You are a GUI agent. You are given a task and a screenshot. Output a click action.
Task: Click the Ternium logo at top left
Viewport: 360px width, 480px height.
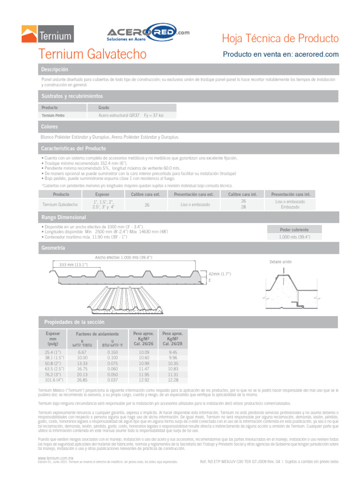click(47, 34)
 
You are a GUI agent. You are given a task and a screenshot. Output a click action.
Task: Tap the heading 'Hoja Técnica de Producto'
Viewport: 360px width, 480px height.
click(279, 38)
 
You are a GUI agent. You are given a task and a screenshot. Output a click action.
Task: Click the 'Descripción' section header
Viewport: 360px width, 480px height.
click(55, 70)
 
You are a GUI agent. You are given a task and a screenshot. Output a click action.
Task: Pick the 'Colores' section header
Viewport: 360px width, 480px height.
click(50, 127)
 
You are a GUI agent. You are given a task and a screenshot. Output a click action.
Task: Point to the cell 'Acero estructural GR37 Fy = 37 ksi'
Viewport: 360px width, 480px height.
click(131, 115)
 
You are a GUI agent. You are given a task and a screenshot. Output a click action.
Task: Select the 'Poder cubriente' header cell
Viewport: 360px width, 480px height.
click(294, 230)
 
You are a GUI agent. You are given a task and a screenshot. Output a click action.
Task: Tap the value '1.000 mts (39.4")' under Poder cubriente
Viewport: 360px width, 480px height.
click(294, 237)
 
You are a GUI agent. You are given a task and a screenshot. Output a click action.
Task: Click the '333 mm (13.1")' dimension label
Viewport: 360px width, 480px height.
click(74, 265)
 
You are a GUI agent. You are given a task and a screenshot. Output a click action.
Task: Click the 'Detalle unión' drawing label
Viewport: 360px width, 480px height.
click(281, 262)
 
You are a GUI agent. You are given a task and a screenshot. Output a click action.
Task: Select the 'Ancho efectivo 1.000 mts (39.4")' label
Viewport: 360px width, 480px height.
click(124, 257)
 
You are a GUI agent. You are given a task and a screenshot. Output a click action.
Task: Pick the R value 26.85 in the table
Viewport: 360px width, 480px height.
click(82, 380)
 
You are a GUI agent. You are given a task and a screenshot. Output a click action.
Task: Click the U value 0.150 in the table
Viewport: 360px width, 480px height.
click(112, 352)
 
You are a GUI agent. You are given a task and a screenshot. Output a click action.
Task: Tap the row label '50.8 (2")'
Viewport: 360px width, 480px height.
click(52, 363)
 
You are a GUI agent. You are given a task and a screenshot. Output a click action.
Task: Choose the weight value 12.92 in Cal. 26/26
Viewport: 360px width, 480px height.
click(144, 380)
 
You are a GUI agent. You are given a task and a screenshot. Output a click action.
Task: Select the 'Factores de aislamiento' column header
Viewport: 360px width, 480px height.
click(97, 334)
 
